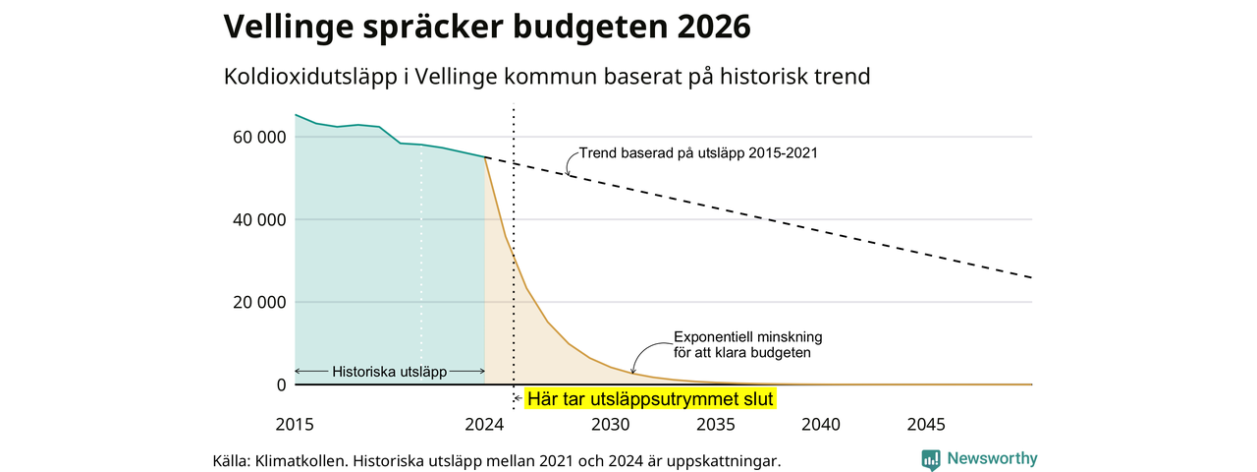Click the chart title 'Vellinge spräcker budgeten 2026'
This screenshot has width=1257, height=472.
pos(487,28)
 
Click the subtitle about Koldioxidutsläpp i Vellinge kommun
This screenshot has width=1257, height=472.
pos(547,77)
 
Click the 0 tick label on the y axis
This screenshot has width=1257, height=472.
pos(281,384)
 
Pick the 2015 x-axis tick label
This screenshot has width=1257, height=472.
pos(295,425)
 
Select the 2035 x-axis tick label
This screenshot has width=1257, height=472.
pos(715,425)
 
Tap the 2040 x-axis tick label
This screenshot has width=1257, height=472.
pos(821,425)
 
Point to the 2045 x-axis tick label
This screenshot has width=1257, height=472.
pos(926,425)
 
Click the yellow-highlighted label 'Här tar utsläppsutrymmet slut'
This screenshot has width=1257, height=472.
pos(650,398)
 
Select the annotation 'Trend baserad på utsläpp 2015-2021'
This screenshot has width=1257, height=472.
pos(698,153)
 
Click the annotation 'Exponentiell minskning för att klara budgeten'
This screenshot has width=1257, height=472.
pos(747,343)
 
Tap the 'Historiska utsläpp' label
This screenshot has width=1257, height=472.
pos(390,372)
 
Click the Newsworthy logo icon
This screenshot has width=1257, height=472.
pos(931,459)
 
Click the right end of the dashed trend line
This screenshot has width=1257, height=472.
pos(1031,278)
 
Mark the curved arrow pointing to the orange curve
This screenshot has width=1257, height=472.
pos(642,354)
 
